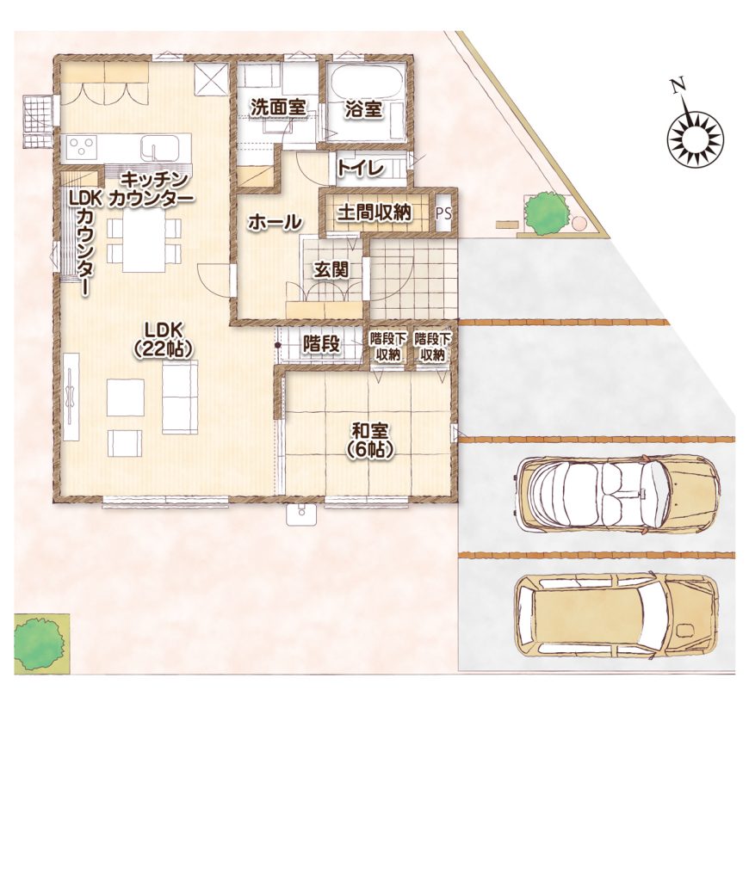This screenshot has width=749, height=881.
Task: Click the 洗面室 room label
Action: pyautogui.click(x=278, y=108)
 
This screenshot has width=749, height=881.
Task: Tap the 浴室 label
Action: pyautogui.click(x=364, y=109)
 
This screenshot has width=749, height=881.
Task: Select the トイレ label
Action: pyautogui.click(x=361, y=167)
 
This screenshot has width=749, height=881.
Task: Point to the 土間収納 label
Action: pyautogui.click(x=374, y=213)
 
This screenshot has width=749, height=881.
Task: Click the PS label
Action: pyautogui.click(x=443, y=213)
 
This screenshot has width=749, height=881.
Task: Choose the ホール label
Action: pyautogui.click(x=275, y=223)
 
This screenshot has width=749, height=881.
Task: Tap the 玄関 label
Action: pyautogui.click(x=331, y=269)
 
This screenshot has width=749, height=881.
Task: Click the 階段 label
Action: pyautogui.click(x=321, y=344)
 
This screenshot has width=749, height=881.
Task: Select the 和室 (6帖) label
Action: pyautogui.click(x=369, y=440)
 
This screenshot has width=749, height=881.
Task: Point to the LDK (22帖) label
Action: pyautogui.click(x=164, y=339)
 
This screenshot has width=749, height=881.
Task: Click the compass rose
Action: pyautogui.click(x=695, y=139)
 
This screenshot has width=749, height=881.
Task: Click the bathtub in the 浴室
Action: pyautogui.click(x=366, y=83)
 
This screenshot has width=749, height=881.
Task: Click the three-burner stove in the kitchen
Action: pyautogui.click(x=82, y=148)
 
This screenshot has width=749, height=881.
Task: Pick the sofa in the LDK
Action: pyautogui.click(x=181, y=397)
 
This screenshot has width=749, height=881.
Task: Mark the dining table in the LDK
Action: pyautogui.click(x=144, y=240)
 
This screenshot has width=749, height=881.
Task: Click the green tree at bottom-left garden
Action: pyautogui.click(x=38, y=642)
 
